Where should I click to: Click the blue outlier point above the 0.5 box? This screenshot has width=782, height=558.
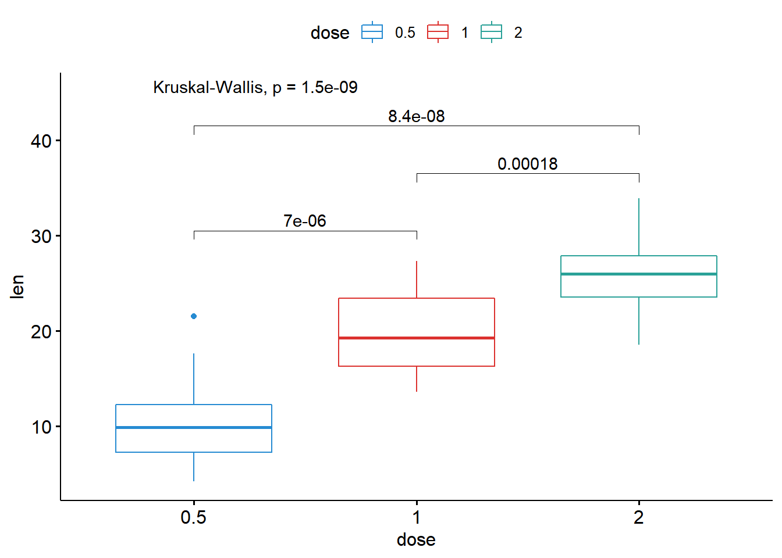click(x=194, y=316)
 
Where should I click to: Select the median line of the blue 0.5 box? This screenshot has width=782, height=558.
click(x=194, y=427)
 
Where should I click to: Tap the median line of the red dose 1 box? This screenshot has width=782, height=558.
click(x=417, y=338)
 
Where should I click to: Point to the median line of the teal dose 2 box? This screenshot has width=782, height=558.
click(x=639, y=274)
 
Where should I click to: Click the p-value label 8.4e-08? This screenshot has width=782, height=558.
click(x=417, y=116)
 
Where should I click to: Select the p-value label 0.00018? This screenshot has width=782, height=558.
click(x=527, y=164)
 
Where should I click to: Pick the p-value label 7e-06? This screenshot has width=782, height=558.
click(x=305, y=221)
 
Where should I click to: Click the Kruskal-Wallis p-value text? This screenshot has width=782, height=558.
click(x=255, y=87)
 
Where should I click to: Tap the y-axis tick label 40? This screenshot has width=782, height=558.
click(x=41, y=141)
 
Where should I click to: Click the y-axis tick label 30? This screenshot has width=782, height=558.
click(x=41, y=236)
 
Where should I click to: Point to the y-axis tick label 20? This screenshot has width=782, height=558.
click(x=41, y=331)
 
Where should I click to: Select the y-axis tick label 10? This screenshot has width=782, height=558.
click(x=41, y=427)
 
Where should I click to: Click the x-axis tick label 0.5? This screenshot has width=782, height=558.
click(x=194, y=517)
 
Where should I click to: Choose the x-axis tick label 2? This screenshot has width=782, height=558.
click(x=639, y=517)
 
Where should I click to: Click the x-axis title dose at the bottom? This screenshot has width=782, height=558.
click(x=416, y=539)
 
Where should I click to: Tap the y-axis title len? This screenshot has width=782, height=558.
click(x=17, y=287)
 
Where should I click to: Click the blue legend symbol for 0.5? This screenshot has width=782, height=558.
click(x=372, y=33)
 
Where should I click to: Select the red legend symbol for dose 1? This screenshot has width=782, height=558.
click(x=438, y=33)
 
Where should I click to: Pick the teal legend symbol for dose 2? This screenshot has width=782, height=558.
click(x=492, y=33)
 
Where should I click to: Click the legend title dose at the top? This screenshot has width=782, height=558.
click(x=330, y=33)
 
